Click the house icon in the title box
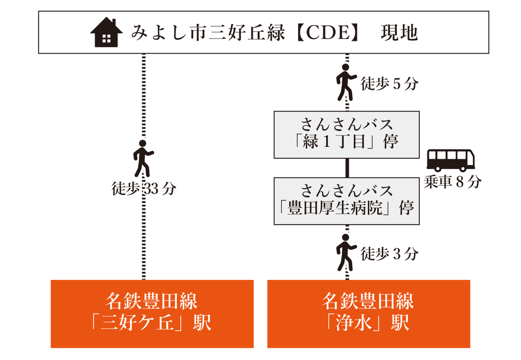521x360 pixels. click(x=107, y=33)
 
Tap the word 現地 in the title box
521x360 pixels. click(x=400, y=33)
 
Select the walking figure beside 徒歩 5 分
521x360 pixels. click(x=346, y=82)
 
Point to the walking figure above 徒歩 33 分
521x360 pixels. click(x=143, y=158)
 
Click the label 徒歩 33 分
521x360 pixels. click(x=144, y=189)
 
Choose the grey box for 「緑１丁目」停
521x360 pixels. click(x=346, y=135)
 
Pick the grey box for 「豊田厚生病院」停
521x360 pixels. click(x=346, y=201)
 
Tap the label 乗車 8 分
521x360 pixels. click(x=453, y=182)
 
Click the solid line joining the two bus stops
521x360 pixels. click(x=347, y=167)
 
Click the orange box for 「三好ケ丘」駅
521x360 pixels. click(x=152, y=314)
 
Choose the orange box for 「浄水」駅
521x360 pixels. click(x=368, y=314)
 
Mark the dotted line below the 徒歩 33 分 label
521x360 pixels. click(x=144, y=238)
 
